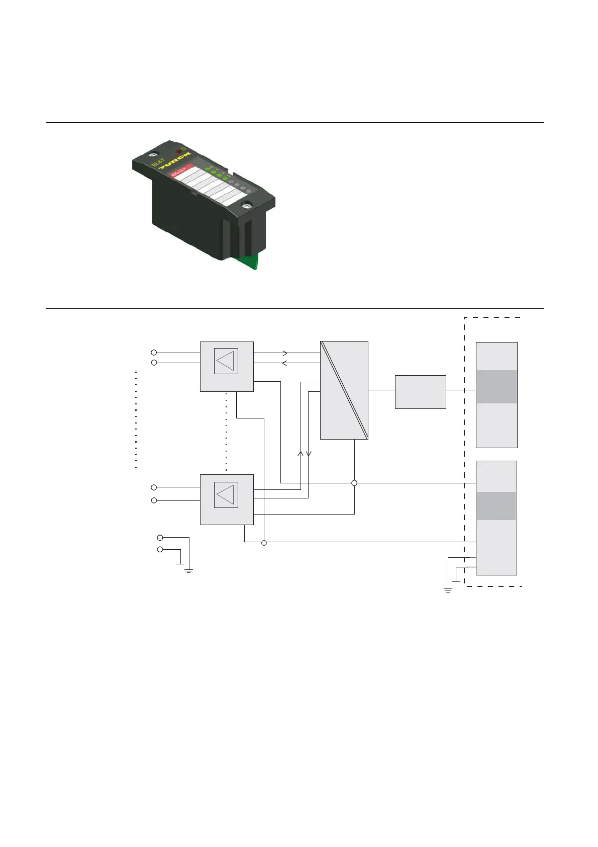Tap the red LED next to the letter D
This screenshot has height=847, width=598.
pos(178,151)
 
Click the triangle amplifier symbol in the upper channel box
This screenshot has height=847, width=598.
pos(226,361)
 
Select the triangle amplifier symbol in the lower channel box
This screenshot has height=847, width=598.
pos(226,494)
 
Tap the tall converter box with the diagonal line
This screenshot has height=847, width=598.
pos(344,390)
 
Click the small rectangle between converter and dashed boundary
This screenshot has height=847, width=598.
pos(420,392)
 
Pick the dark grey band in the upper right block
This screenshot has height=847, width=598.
pos(496,387)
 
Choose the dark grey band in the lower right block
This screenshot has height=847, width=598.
pos(496,505)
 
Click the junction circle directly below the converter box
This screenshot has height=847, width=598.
pos(354,483)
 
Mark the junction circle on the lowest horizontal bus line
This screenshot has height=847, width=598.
pos(264,542)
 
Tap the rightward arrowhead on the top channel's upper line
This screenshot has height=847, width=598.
pos(285,353)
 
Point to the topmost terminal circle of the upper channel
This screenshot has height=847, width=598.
pos(154,353)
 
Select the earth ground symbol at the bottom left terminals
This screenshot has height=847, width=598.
pos(189,570)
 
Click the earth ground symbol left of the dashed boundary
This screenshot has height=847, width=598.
pos(448,589)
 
